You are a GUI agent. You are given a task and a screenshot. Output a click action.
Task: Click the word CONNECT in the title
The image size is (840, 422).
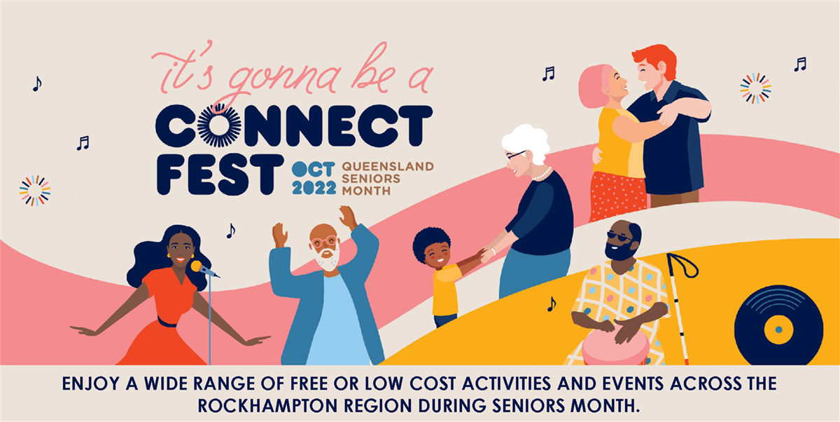tap(294, 125)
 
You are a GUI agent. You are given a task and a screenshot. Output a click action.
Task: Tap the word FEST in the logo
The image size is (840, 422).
tap(220, 175)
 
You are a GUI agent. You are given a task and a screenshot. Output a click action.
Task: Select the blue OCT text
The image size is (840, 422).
tap(313, 170)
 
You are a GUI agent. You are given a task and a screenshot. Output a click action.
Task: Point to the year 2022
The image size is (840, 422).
tap(314, 188)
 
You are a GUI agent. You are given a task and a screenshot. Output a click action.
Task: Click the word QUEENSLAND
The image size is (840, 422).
tap(388, 166)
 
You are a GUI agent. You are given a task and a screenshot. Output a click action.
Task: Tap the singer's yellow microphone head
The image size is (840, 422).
tap(197, 266)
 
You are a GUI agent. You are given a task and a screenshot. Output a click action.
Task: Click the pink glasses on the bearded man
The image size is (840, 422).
tap(324, 242)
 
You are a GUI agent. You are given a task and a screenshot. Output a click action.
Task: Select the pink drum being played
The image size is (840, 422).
tap(615, 347)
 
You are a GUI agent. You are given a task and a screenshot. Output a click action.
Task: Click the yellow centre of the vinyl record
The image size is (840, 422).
tap(778, 329)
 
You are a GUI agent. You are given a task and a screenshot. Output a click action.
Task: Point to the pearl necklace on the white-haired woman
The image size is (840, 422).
tap(543, 175)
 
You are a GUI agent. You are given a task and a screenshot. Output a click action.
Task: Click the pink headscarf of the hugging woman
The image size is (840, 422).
tap(594, 86)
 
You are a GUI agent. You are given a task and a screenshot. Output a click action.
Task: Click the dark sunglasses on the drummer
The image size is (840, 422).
tap(619, 236)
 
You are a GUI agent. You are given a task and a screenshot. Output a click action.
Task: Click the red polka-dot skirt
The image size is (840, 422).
tap(618, 196)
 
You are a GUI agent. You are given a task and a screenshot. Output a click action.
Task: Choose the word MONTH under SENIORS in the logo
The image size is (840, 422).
tap(366, 191)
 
